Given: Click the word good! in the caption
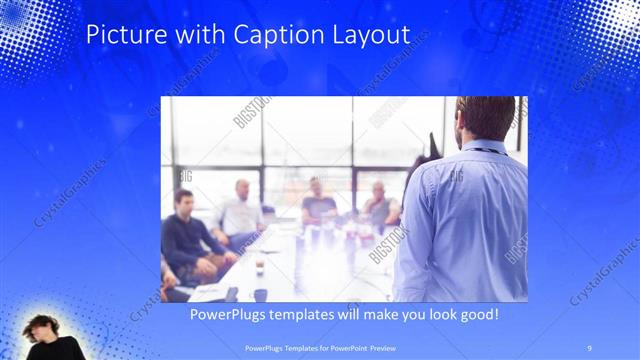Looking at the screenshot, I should tap(476, 315).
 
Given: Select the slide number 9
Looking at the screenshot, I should tap(589, 347).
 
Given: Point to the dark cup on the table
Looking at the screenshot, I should tap(260, 294).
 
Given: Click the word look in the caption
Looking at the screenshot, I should tap(433, 315).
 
